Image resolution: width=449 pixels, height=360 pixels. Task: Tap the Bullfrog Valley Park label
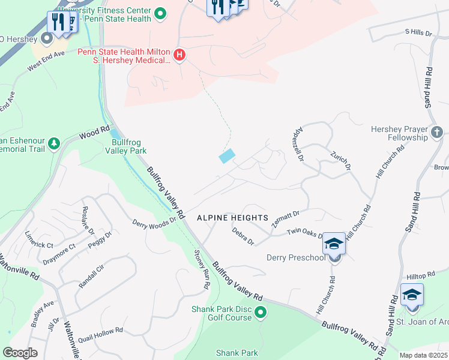pos(125,146)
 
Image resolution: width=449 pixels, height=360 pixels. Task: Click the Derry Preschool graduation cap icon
pos(334,244)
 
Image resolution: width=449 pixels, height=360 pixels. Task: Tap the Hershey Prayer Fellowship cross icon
pos(437,132)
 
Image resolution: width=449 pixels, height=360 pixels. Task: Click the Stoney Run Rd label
pos(200,269)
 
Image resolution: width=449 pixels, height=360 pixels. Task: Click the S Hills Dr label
pos(418,32)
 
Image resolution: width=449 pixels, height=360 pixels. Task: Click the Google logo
pos(20,352)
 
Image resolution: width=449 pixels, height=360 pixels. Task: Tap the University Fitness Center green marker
pos(160,13)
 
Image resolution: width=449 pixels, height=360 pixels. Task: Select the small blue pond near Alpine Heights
pos(227,156)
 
